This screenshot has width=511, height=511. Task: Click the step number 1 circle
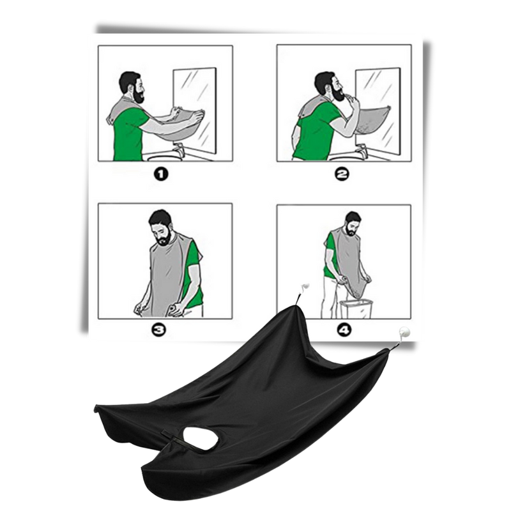pyautogui.click(x=161, y=174)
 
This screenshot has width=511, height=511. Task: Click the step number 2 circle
pyautogui.click(x=342, y=174)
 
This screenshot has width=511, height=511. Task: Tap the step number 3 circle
pyautogui.click(x=159, y=330)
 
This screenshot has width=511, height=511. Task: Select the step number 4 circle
pyautogui.click(x=344, y=330)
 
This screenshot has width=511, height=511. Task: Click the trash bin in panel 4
pyautogui.click(x=356, y=309)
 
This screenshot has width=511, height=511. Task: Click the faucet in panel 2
pyautogui.click(x=361, y=151)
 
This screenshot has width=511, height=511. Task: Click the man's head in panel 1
pyautogui.click(x=132, y=86)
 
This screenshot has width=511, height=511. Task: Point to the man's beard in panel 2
pyautogui.click(x=338, y=93)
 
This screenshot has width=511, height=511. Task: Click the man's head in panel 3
pyautogui.click(x=160, y=227)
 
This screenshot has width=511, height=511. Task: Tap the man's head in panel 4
pyautogui.click(x=353, y=224)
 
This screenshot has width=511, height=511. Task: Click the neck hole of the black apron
pyautogui.click(x=201, y=438)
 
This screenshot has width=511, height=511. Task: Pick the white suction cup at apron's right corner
pyautogui.click(x=404, y=333)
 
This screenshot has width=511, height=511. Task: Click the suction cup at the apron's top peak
pyautogui.click(x=305, y=287)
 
